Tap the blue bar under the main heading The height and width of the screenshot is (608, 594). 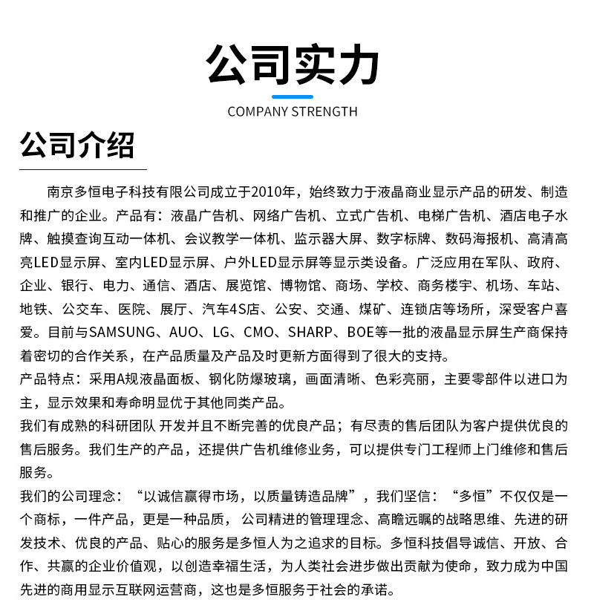pos(293,97)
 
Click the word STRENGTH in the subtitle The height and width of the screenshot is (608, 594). pos(324,112)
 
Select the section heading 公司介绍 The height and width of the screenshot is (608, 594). pos(77,145)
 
